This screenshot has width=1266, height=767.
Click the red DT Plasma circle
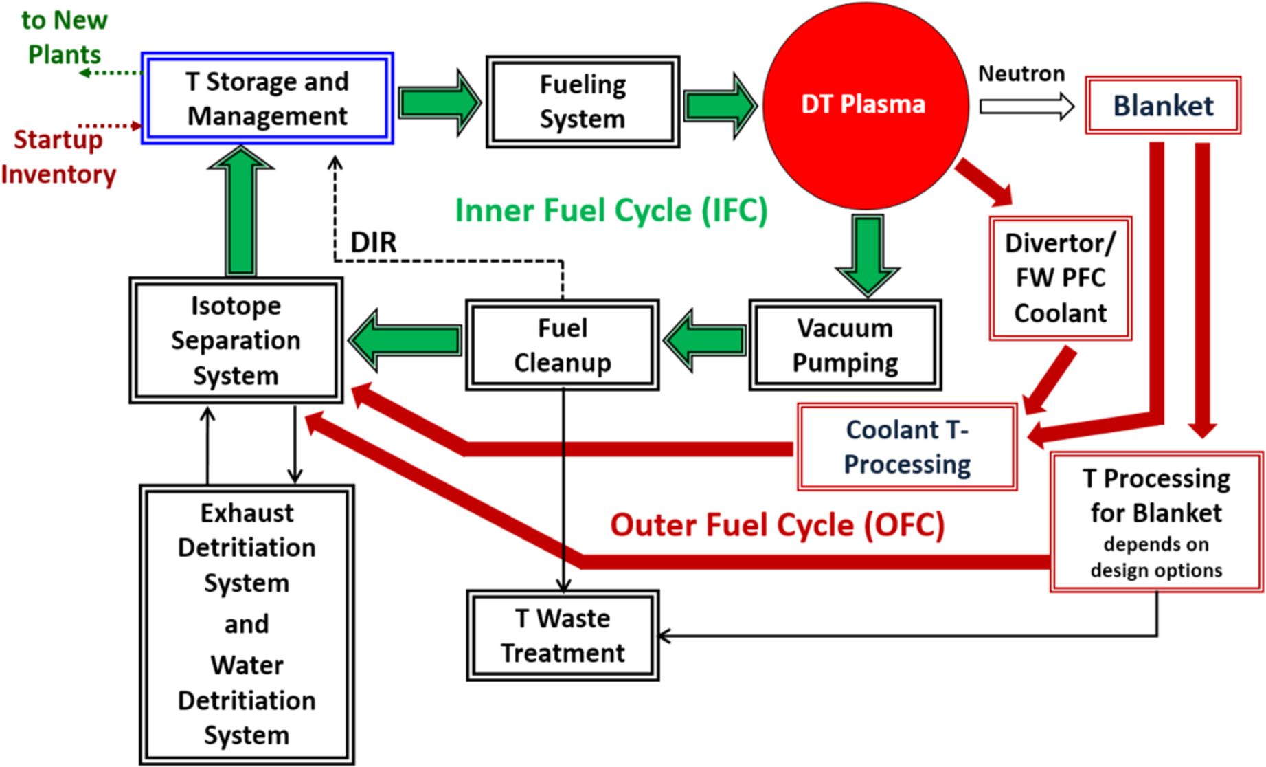point(865,104)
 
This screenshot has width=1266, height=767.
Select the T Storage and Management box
point(267,98)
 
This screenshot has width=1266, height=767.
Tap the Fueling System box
point(583,102)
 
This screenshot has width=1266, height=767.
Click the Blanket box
point(1163,105)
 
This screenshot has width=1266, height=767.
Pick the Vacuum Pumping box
point(845,345)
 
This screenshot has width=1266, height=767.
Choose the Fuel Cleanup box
point(563,345)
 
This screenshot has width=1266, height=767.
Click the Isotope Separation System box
point(236,340)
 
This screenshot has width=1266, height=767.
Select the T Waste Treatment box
point(563,636)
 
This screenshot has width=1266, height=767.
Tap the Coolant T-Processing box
point(907,447)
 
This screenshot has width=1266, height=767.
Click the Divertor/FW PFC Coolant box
point(1060,278)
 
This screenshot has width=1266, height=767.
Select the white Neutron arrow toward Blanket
point(1026,107)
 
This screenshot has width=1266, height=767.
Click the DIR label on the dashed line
point(374,242)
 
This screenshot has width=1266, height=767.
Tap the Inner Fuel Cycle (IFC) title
point(611,210)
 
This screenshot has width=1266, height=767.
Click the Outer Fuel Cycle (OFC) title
point(777,525)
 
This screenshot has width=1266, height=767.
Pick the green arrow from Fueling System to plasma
point(719,106)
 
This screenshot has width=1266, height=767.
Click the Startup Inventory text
point(59,157)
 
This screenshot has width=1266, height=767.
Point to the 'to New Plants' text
point(64,37)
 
